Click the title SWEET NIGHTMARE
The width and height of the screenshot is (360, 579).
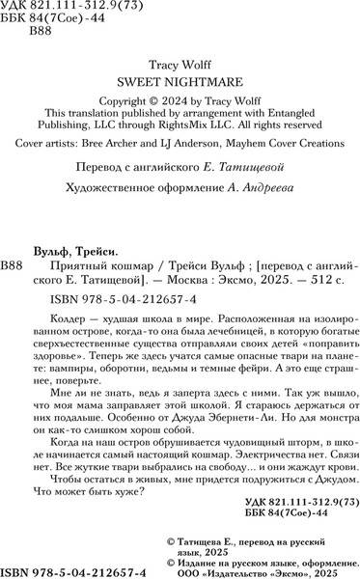click(x=180, y=83)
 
